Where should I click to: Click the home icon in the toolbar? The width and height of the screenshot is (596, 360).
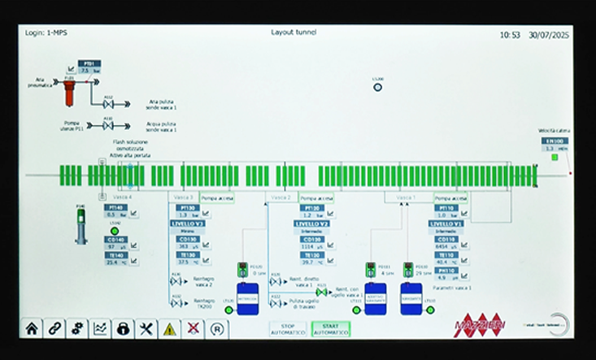[x=31, y=329]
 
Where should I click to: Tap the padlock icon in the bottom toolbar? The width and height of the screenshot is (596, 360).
[x=123, y=329]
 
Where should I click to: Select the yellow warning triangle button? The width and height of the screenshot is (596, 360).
[x=169, y=329]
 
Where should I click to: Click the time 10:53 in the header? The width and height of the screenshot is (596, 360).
[x=510, y=35]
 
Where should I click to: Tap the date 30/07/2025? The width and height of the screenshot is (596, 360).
[x=548, y=35]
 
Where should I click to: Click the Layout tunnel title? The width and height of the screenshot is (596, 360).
[x=294, y=33]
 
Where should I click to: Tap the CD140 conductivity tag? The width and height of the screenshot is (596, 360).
[x=115, y=239]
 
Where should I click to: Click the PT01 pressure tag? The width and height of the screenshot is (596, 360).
[x=90, y=63]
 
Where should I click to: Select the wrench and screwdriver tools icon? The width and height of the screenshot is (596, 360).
[x=146, y=329]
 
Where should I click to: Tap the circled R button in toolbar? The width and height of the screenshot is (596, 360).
[x=216, y=329]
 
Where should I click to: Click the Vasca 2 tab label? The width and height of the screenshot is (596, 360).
[x=281, y=197]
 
